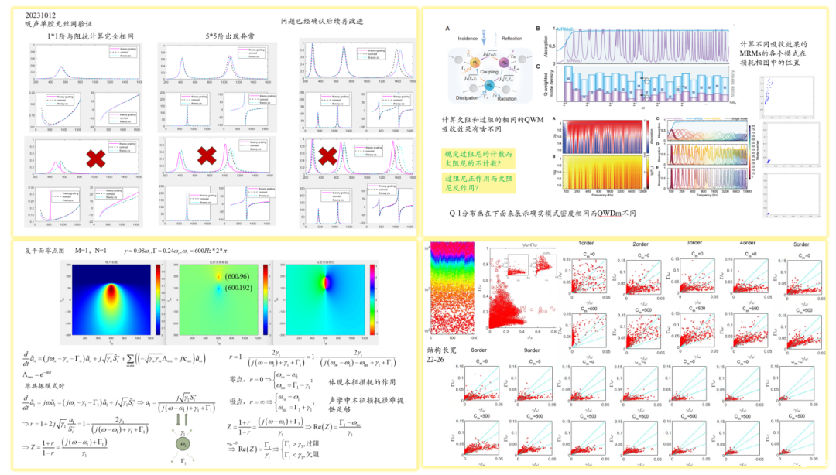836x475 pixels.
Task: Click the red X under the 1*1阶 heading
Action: click(x=95, y=160)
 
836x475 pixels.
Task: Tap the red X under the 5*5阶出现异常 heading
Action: click(x=206, y=155)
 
